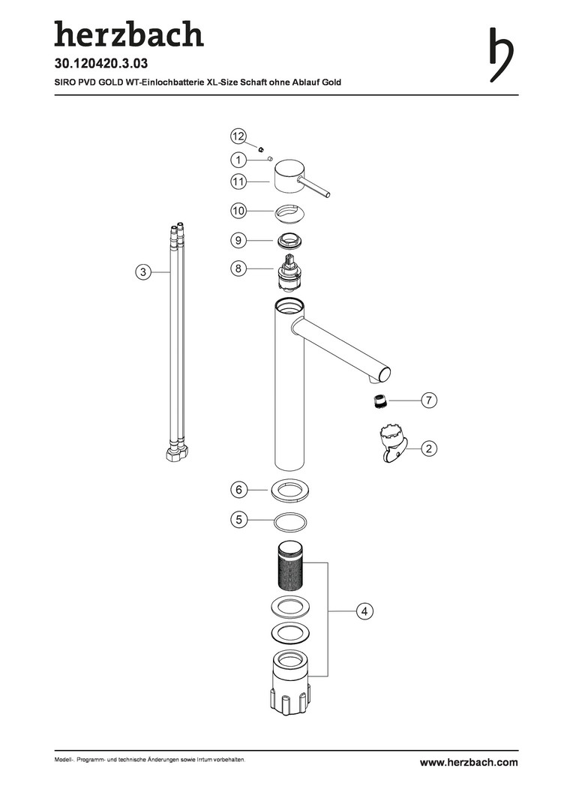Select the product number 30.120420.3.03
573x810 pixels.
(100, 64)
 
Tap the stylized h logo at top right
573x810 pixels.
(501, 55)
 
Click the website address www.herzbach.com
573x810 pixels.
(469, 762)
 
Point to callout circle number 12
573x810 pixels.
(238, 136)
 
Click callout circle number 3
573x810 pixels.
(143, 271)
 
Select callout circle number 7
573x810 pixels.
(429, 400)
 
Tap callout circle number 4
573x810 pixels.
(364, 611)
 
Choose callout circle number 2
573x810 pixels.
(429, 448)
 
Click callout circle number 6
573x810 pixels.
(238, 489)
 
